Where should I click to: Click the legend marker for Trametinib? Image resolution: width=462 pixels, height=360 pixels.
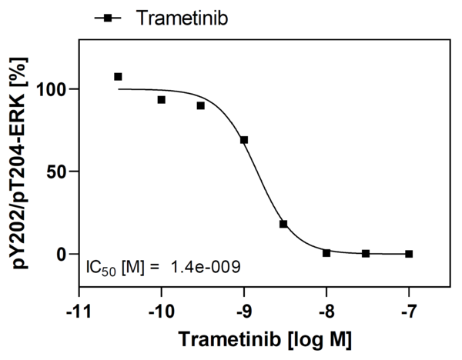[109, 16]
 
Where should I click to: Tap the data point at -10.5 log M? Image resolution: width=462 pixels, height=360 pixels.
[118, 77]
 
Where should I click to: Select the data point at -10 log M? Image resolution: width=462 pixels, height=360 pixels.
[162, 100]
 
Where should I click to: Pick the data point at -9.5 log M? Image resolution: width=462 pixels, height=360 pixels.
[200, 105]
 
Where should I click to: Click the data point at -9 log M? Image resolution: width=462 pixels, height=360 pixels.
[244, 140]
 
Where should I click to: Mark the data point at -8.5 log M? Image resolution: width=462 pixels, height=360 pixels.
[283, 224]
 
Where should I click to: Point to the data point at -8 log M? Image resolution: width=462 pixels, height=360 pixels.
[326, 253]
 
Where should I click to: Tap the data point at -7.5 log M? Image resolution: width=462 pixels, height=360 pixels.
[366, 253]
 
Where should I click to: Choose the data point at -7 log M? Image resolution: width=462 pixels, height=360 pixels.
[409, 254]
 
